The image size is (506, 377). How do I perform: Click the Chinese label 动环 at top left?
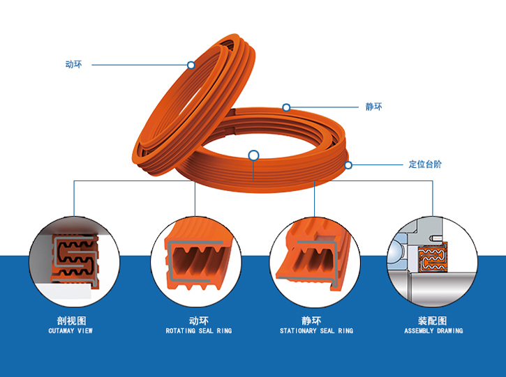click(x=73, y=65)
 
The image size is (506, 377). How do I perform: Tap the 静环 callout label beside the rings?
click(x=373, y=107)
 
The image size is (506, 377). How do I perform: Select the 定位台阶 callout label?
click(x=425, y=165)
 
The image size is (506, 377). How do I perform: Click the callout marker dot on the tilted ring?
click(x=191, y=65)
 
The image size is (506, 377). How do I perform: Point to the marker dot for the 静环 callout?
click(x=286, y=107)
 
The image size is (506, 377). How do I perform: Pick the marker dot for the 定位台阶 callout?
click(x=348, y=165)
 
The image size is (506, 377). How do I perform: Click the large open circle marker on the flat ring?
click(x=253, y=155)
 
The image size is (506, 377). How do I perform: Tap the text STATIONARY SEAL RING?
click(x=316, y=331)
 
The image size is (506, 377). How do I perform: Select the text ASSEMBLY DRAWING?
click(x=433, y=331)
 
